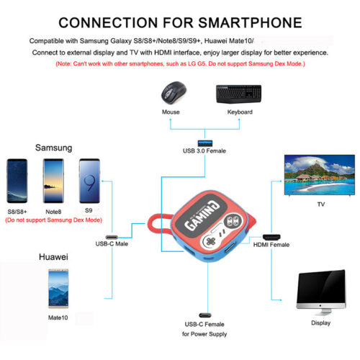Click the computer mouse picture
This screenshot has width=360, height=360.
pos(174,93)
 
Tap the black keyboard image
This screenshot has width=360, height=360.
pos(239,94)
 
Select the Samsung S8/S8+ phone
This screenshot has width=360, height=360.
pos(17,181)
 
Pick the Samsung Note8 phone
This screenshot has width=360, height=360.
pos(53,181)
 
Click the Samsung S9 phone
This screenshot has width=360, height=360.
pos(89,181)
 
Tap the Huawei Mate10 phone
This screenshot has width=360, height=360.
pos(58,289)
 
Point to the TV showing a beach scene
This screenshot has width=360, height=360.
pos(320,176)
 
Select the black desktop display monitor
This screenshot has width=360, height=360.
pos(321,292)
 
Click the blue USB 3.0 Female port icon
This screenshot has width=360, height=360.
pos(205,143)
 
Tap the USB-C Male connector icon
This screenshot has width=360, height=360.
pos(112,237)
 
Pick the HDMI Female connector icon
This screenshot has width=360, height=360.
pos(271,238)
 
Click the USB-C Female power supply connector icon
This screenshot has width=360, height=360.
pos(205,315)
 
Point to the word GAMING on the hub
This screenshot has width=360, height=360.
pos(202,215)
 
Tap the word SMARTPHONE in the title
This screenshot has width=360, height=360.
pos(250,23)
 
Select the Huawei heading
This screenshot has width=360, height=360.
pos(53,257)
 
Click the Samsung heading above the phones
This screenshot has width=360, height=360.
pos(53,148)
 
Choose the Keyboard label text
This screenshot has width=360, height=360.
pos(240,112)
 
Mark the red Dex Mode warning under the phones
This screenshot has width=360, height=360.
pos(54,220)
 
